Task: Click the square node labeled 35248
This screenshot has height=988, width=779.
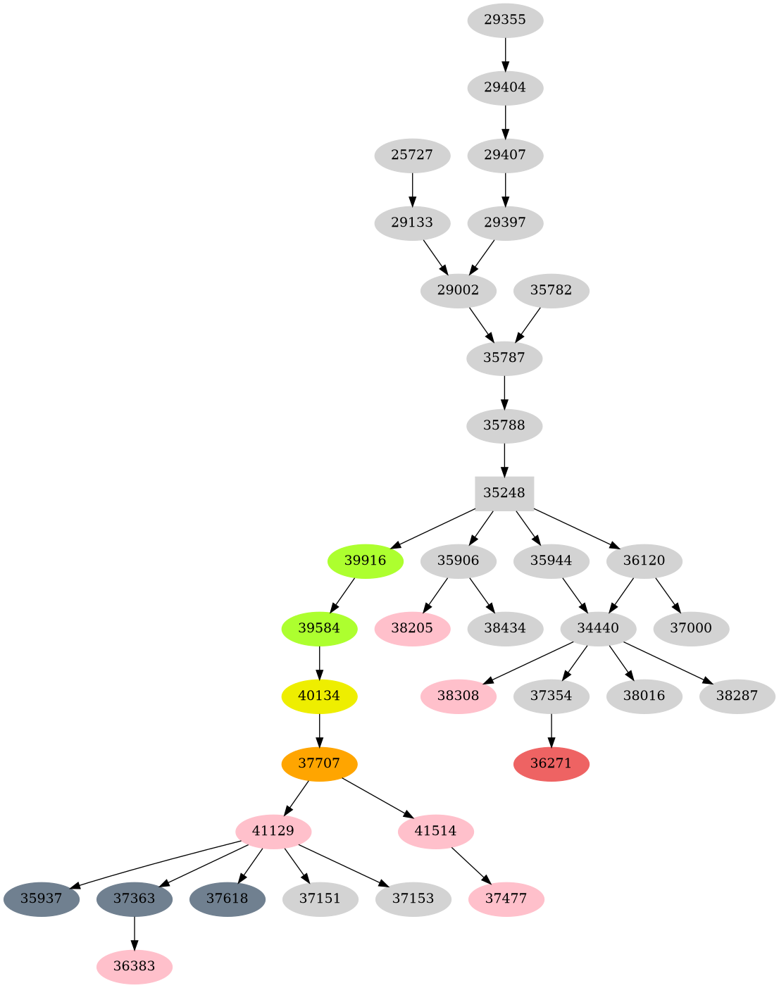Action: click(504, 493)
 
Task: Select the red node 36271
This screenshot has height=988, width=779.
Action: click(551, 763)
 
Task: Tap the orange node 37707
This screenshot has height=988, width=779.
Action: click(319, 763)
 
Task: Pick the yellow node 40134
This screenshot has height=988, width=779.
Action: click(319, 696)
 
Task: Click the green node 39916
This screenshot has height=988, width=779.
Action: click(366, 561)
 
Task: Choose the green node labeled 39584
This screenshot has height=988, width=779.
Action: click(319, 628)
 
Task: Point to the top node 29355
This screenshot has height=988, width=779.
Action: click(505, 20)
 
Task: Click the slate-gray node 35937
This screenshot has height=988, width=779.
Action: click(41, 899)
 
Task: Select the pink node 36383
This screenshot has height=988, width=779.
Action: click(134, 966)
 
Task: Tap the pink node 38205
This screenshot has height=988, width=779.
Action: click(412, 628)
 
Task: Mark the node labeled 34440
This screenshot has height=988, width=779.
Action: click(598, 628)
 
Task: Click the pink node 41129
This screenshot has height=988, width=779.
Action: click(273, 831)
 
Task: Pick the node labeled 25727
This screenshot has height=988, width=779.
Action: click(412, 155)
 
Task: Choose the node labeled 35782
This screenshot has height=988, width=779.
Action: click(551, 290)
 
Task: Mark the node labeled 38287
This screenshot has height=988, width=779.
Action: click(737, 696)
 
